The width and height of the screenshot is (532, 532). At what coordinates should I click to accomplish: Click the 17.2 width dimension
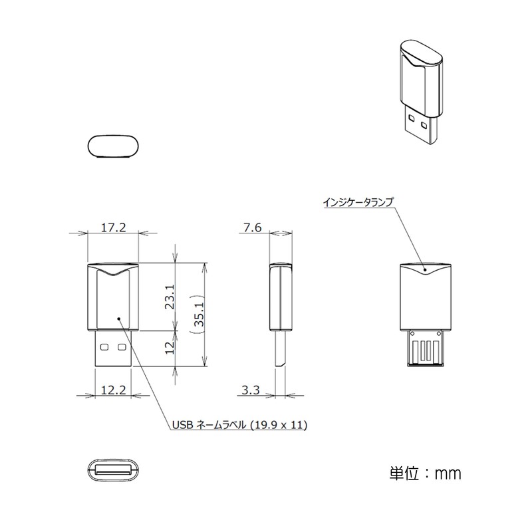click(113, 227)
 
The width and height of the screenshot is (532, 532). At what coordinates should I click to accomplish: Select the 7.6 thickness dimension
click(252, 227)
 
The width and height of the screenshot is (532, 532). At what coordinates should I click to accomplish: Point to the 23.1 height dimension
click(170, 297)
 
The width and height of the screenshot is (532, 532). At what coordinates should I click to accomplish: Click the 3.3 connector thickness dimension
click(251, 390)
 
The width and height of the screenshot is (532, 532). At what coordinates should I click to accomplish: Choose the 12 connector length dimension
click(170, 348)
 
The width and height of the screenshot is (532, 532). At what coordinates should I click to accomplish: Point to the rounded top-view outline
click(114, 146)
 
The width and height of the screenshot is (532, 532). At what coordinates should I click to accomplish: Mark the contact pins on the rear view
click(426, 351)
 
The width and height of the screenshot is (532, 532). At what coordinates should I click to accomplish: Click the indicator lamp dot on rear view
click(426, 270)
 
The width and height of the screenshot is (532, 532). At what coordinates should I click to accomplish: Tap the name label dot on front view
click(120, 319)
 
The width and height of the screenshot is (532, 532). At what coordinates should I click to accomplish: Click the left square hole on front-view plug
click(106, 346)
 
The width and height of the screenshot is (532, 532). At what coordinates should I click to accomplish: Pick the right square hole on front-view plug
click(122, 346)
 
